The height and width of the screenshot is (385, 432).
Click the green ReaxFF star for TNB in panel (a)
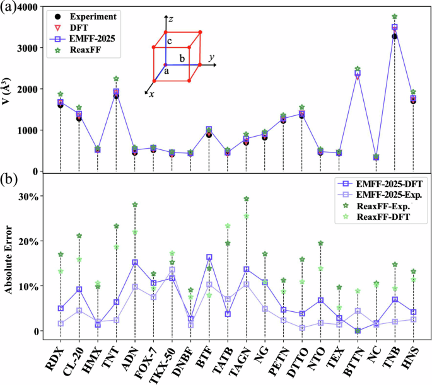[395, 16]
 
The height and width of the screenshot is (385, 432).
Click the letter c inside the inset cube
[169, 41]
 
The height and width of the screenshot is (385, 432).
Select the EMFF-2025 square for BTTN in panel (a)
[358, 74]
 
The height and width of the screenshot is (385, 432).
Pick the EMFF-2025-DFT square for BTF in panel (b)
[209, 257]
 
